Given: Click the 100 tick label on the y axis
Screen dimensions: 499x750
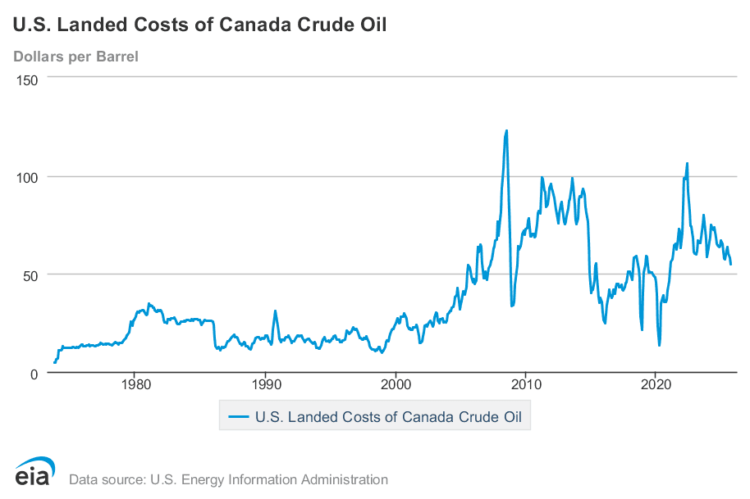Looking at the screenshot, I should click(30, 177).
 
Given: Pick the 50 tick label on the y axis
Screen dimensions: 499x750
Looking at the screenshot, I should click(34, 274).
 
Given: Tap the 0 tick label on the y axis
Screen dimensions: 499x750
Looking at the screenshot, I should click(37, 373).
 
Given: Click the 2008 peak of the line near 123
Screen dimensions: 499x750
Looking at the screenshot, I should click(506, 130).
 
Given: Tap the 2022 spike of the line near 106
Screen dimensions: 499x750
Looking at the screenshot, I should click(687, 163).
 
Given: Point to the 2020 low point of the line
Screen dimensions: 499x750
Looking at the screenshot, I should click(659, 345).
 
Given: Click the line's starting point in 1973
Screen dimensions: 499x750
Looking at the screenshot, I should click(54, 362).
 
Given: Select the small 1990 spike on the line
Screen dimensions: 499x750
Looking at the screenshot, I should click(275, 311).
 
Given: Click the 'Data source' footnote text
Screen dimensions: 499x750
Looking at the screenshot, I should click(228, 479).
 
